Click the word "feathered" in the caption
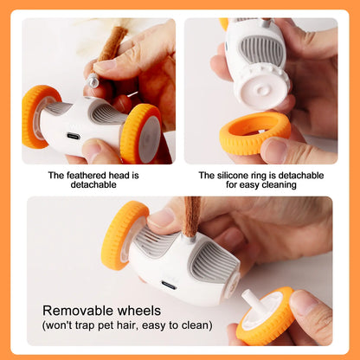click(x=83, y=176)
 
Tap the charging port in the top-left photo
click(x=74, y=136)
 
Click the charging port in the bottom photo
click(x=169, y=285)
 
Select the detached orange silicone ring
click(x=255, y=133)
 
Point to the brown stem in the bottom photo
click(x=191, y=216)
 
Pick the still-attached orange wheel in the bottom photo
click(x=124, y=235)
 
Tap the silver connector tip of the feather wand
click(x=93, y=80)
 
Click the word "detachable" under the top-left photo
click(x=93, y=185)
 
